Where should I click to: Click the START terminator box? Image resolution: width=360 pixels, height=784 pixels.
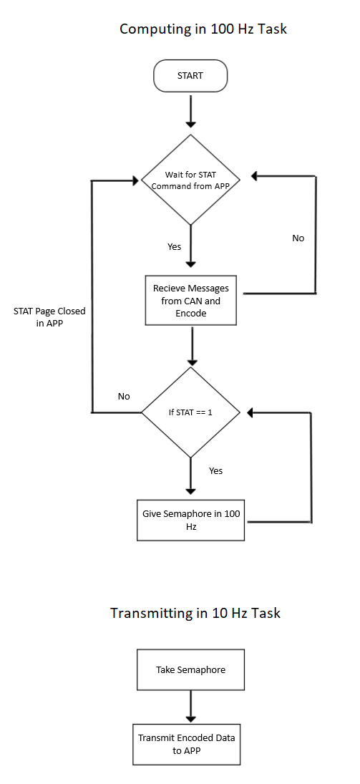point(190,76)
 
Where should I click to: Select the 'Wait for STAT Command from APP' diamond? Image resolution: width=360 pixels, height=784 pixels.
point(190,180)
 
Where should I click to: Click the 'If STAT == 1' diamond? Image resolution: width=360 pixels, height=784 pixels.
point(191,412)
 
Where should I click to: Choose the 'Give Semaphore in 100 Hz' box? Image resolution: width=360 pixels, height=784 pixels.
point(191,520)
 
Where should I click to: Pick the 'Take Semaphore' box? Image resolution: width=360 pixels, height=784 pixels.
point(190,670)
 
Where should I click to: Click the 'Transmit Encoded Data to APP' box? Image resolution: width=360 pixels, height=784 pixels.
point(187,744)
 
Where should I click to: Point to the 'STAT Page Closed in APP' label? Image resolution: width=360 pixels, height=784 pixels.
point(49,316)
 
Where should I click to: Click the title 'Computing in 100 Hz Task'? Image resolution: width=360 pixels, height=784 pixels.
point(203,29)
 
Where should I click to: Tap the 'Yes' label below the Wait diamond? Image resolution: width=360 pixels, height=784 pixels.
point(175,246)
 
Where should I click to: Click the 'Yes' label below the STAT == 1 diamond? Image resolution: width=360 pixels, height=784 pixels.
point(215,470)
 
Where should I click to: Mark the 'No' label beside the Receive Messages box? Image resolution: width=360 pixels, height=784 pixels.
point(298,238)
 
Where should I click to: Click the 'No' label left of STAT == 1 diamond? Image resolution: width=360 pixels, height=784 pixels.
point(124,396)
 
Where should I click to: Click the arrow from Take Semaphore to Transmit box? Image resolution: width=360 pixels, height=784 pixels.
point(190,707)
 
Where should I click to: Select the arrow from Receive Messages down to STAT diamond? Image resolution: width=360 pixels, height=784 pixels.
point(190,347)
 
